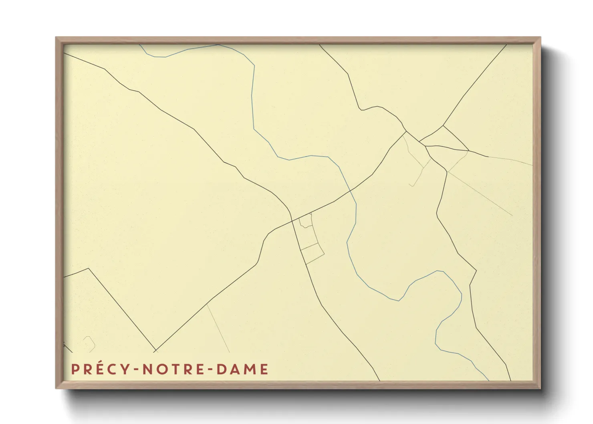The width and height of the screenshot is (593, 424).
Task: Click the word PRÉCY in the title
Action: coord(97,369)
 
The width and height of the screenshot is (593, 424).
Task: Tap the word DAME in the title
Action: coord(242,369)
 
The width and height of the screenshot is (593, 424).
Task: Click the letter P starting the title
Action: coord(75,369)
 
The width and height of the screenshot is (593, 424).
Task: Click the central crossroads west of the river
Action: coord(291,220)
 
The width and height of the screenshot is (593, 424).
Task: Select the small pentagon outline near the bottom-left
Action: coord(89,343)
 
